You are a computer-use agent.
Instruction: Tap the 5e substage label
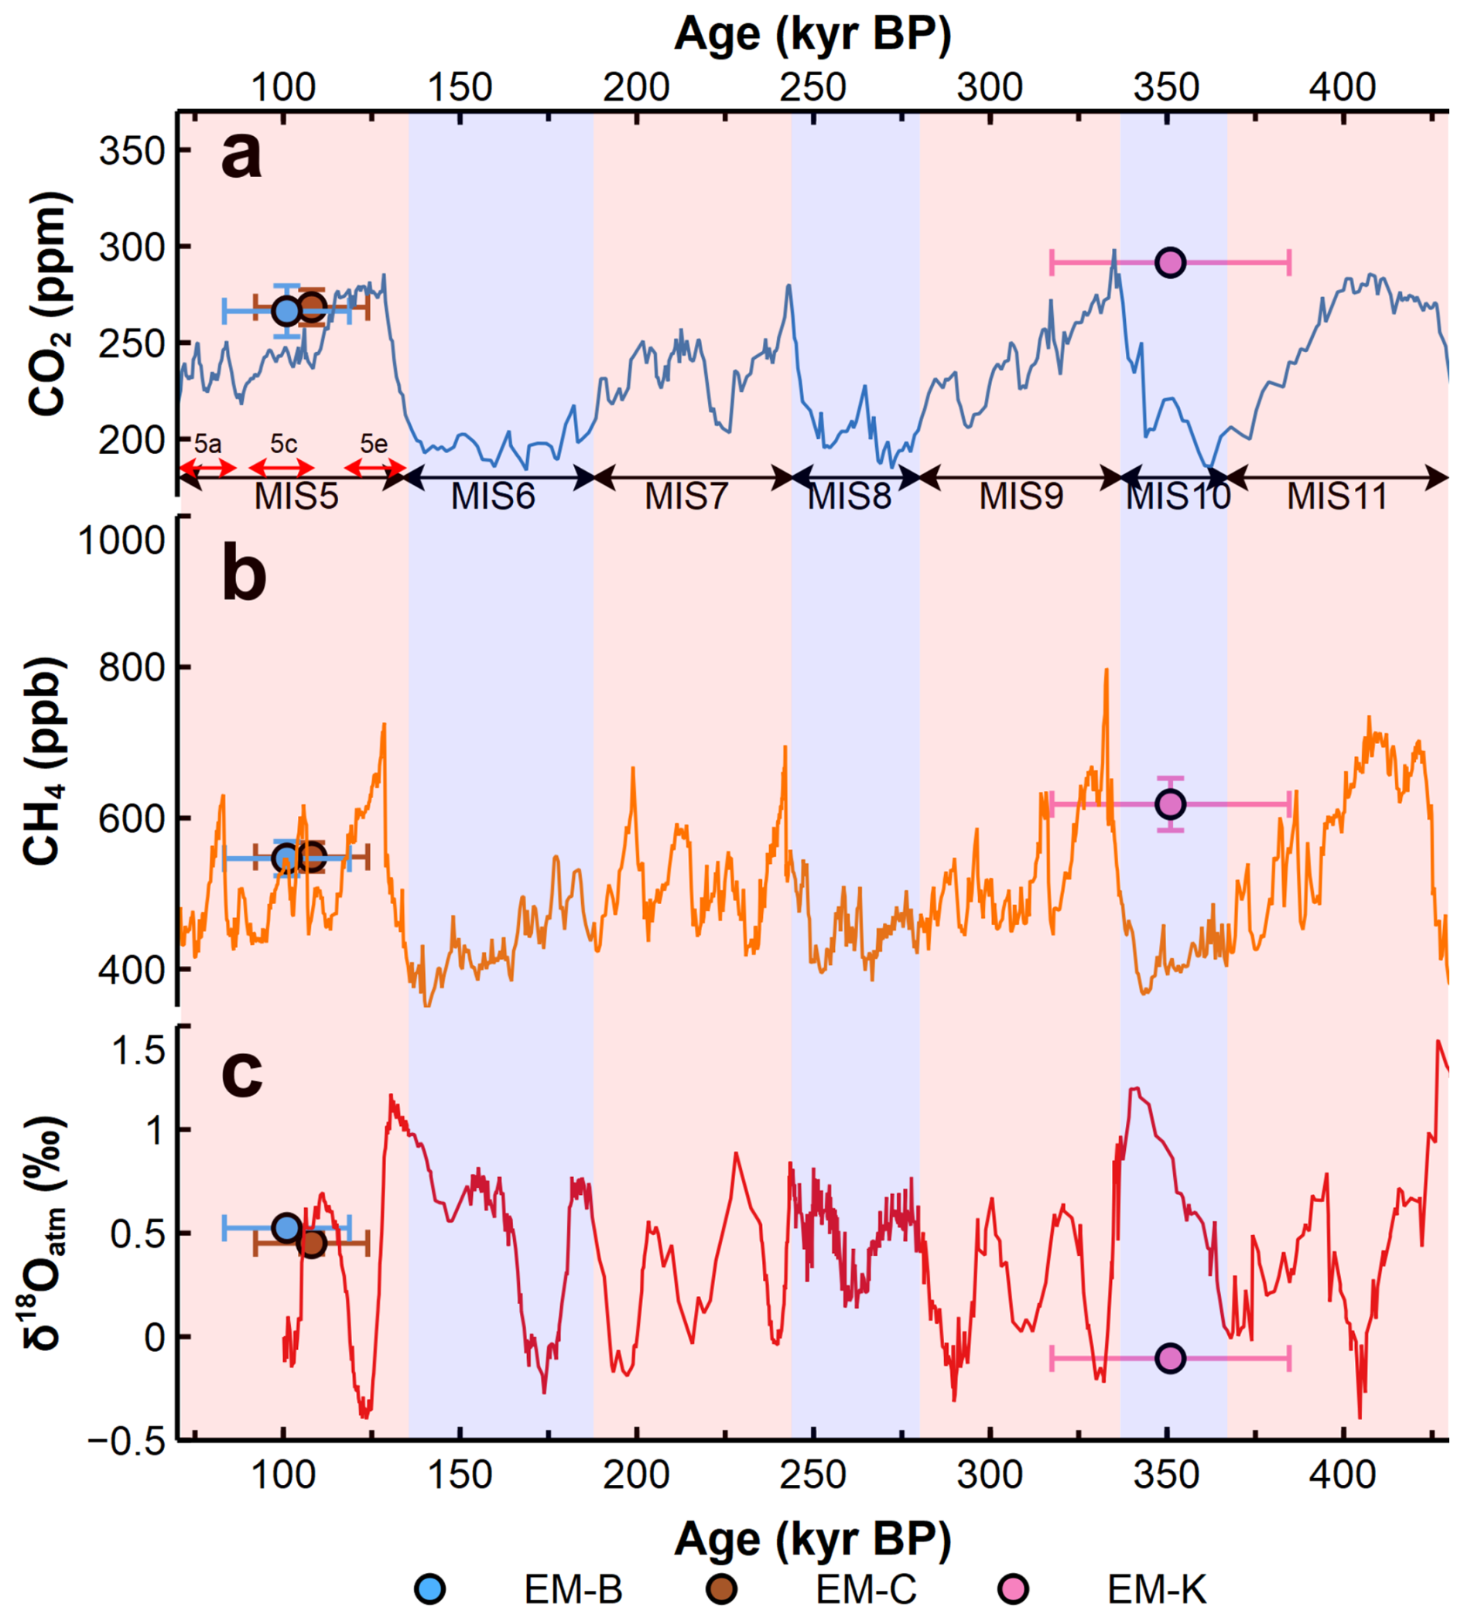(x=373, y=444)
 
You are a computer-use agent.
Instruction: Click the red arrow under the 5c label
(x=281, y=468)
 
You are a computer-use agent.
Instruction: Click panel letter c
(x=241, y=1074)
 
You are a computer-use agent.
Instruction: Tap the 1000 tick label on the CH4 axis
(x=121, y=541)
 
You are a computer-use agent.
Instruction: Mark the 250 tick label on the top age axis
(x=813, y=87)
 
